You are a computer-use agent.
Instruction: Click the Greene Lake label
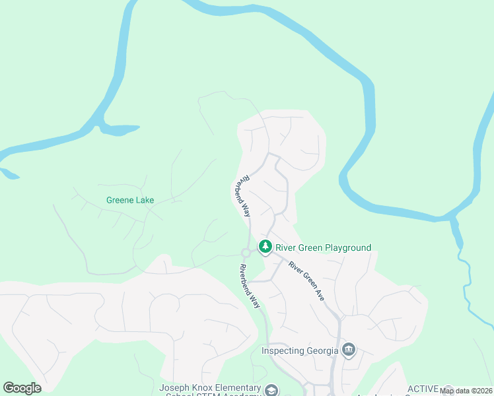click(x=129, y=199)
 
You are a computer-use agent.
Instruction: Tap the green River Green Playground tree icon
click(x=265, y=247)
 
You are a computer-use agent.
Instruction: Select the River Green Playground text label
click(x=323, y=247)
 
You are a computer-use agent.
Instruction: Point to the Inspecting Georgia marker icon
click(x=349, y=350)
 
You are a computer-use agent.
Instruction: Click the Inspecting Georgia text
click(x=300, y=350)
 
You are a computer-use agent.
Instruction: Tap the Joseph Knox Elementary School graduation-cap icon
click(x=271, y=390)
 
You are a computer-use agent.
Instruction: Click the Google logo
click(x=22, y=387)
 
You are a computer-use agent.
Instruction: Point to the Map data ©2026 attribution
click(x=466, y=391)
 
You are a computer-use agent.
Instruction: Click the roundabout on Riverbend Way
click(x=246, y=252)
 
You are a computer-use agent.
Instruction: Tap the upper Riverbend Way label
click(x=242, y=196)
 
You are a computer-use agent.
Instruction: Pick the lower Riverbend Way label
click(x=250, y=286)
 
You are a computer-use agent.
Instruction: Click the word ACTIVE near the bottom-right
click(x=423, y=388)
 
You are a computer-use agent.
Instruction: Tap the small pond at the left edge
click(x=9, y=174)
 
